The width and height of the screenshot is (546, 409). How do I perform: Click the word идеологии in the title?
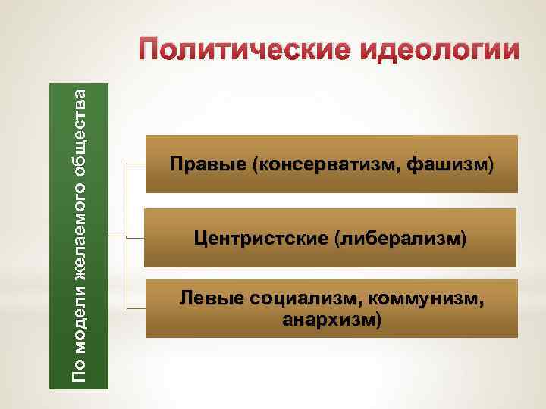point(435,51)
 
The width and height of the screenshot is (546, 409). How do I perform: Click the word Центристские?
point(260,239)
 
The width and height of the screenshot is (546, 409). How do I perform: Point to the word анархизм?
point(328,320)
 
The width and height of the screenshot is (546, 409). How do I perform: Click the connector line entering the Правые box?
point(135,164)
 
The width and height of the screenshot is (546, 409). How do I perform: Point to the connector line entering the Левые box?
point(135,310)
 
